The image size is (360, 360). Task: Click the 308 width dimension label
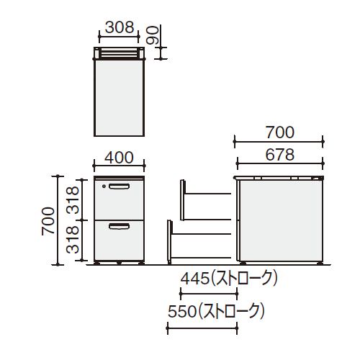click(x=120, y=27)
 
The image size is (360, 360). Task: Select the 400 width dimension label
click(x=120, y=157)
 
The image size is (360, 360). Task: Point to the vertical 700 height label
click(x=48, y=220)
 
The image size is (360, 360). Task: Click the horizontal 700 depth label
click(x=279, y=132)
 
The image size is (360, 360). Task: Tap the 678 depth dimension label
click(x=279, y=154)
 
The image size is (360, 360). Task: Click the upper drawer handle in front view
click(x=120, y=186)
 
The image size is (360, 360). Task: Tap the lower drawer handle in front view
click(x=120, y=228)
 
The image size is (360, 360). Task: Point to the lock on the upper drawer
click(x=105, y=186)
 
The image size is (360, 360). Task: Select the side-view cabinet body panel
click(x=279, y=220)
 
